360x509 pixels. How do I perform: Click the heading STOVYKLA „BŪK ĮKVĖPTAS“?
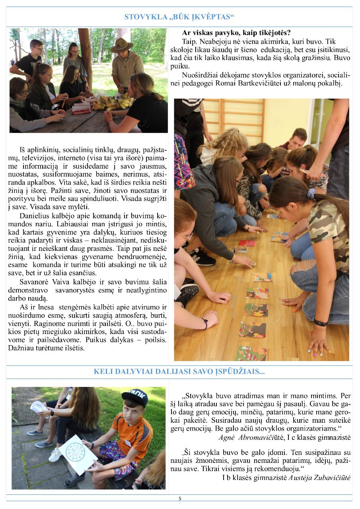coord(179,17)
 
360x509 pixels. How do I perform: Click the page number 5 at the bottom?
coord(180,498)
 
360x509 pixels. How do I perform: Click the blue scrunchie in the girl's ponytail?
coord(311,194)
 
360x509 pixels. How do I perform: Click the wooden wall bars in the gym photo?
coord(239,119)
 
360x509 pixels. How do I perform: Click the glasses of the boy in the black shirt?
coord(39,49)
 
